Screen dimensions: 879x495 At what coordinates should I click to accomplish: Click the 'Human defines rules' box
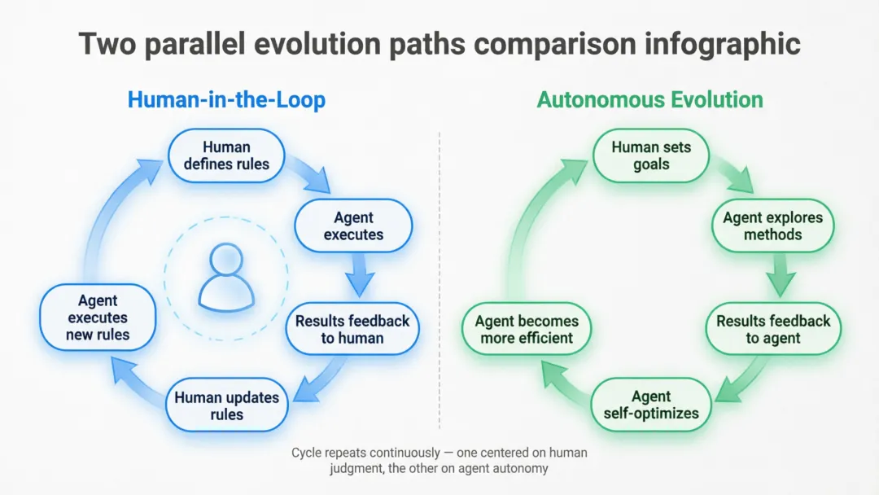(x=226, y=156)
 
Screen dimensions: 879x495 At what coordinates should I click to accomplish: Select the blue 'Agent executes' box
(x=353, y=226)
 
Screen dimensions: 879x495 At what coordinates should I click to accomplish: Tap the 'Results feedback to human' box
(x=352, y=329)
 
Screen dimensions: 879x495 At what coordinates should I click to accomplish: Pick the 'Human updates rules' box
(x=226, y=405)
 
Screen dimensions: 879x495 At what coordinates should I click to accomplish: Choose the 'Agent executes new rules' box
(x=98, y=317)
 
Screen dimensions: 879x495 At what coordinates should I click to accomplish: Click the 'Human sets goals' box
(x=651, y=156)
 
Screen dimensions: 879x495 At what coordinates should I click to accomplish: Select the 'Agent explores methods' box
(x=772, y=226)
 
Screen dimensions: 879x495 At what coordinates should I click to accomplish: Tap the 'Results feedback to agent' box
(x=772, y=329)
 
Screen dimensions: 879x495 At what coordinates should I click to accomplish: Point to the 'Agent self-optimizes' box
(x=651, y=405)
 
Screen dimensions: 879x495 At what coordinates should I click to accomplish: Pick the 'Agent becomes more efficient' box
(x=527, y=329)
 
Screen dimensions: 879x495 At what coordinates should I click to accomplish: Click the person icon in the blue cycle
(x=225, y=278)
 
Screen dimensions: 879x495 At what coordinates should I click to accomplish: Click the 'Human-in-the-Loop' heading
(x=226, y=100)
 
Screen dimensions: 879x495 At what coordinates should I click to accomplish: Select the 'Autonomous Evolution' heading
(x=649, y=100)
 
